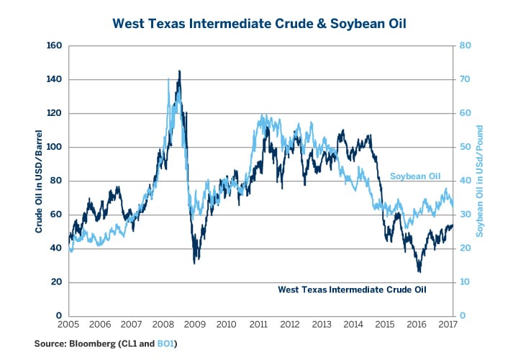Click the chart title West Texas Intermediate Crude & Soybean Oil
(259, 24)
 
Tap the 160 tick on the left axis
(55, 45)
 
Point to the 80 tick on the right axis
(466, 45)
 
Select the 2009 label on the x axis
(196, 325)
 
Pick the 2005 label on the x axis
(69, 325)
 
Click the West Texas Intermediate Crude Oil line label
(353, 290)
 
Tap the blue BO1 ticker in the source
(165, 344)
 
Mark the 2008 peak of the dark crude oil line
(179, 71)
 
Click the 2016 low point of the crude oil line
(419, 271)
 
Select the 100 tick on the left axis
(55, 147)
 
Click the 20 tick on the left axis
(58, 282)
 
